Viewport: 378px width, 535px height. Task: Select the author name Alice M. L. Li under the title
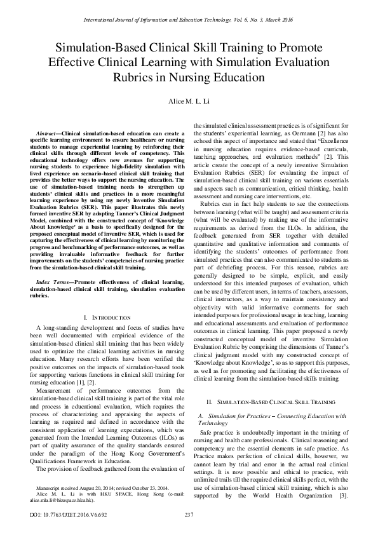189,102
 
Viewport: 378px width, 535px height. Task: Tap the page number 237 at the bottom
189,513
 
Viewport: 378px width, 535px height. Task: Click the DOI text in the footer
41,513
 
